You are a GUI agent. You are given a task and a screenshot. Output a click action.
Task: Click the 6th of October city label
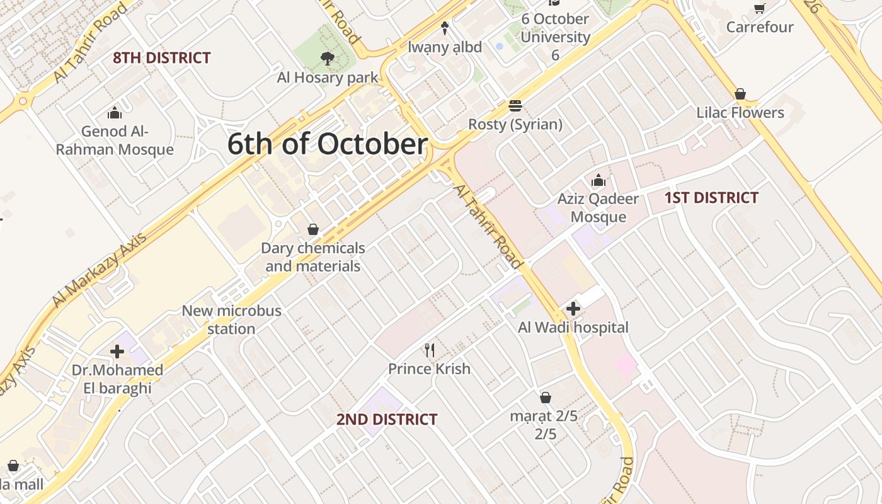click(327, 144)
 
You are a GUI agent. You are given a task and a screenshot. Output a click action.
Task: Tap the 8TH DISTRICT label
click(162, 58)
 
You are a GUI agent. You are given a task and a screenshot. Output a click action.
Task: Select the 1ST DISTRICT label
click(711, 198)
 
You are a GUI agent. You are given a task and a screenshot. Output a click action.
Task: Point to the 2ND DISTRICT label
click(386, 420)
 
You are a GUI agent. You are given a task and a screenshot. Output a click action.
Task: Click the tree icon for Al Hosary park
click(327, 59)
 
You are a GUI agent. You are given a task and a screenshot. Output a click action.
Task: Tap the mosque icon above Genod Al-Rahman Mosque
click(115, 113)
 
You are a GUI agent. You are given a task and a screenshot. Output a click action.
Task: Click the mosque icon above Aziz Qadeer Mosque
click(598, 180)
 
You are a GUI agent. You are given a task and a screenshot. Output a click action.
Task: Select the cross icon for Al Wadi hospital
click(573, 309)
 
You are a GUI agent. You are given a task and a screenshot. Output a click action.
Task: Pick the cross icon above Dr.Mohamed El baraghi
click(117, 351)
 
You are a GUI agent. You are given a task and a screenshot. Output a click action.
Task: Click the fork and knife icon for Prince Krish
click(430, 350)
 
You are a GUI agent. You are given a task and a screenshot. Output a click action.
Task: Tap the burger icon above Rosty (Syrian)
click(515, 105)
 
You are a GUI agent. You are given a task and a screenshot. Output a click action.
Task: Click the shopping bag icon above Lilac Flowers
click(740, 94)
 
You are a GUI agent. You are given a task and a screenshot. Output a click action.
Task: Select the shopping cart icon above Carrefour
click(760, 8)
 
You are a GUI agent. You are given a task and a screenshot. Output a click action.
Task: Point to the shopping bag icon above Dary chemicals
click(312, 229)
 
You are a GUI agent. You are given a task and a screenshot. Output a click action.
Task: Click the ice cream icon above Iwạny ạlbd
click(445, 28)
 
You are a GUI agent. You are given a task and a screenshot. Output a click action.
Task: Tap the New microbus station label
click(231, 319)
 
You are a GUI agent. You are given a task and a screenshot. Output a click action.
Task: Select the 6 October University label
click(555, 37)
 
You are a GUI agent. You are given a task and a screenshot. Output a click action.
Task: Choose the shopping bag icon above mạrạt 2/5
click(546, 398)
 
